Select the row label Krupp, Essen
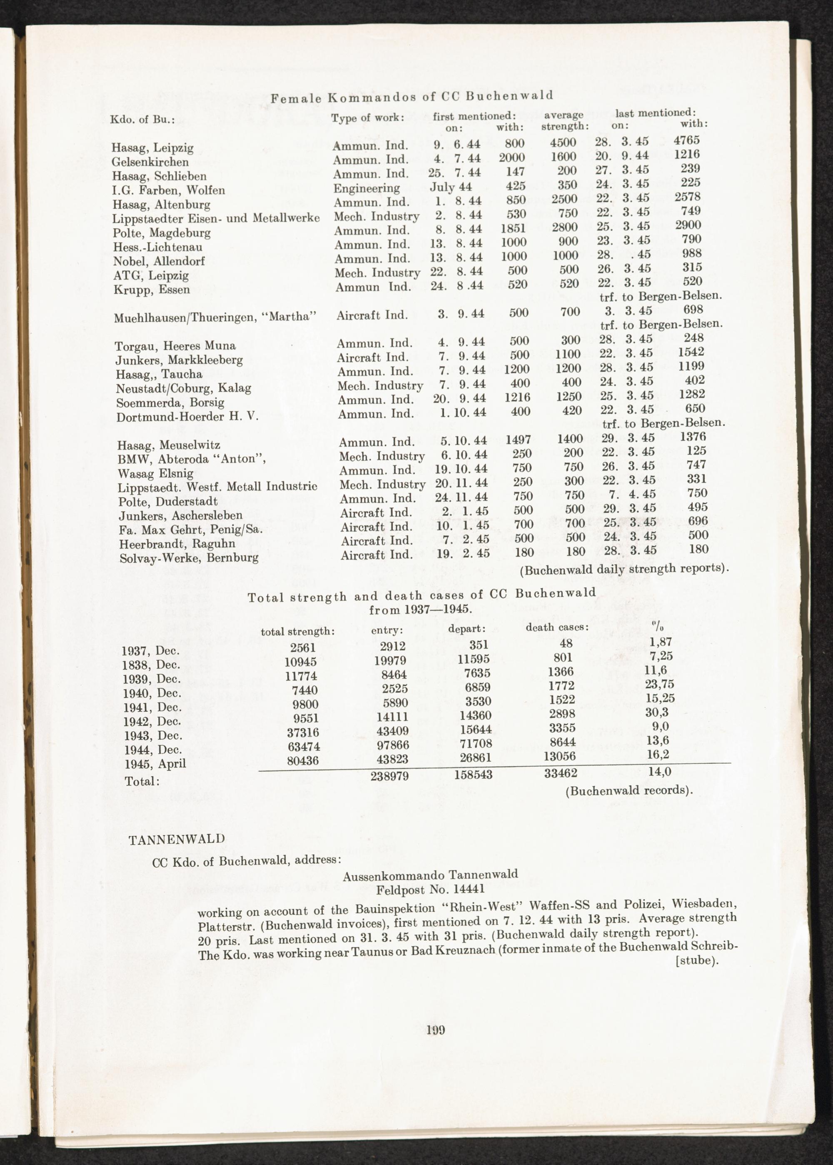[x=152, y=289]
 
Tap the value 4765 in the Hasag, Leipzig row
[x=687, y=140]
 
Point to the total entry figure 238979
[x=389, y=776]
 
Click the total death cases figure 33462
[x=561, y=772]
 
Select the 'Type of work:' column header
[x=368, y=117]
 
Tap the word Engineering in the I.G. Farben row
[x=366, y=188]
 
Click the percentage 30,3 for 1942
[x=658, y=712]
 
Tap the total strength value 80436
[x=303, y=761]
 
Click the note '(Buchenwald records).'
[x=629, y=790]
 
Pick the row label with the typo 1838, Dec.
[x=151, y=665]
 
